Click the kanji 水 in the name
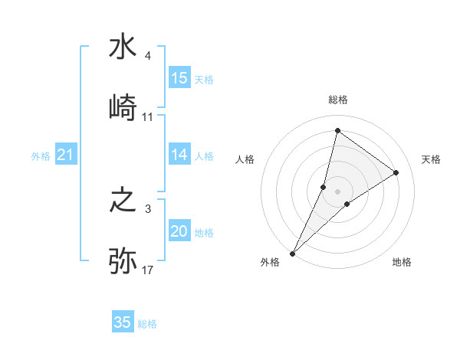pos(123,47)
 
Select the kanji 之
pos(123,201)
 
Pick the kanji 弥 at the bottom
pos(123,261)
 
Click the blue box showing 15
pos(179,78)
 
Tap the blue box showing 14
pos(179,155)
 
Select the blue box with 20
pos(179,231)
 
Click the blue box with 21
pos(66,155)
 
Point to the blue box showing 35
pos(123,322)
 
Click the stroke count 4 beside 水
pos(147,56)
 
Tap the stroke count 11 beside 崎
pos(147,117)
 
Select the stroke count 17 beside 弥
pos(147,270)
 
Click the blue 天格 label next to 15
pos(204,79)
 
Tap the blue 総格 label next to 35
pos(147,323)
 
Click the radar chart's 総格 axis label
pos(337,100)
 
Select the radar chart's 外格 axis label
pos(270,262)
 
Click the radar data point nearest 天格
pos(396,172)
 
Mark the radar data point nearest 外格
pos(292,253)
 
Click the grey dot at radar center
pos(337,191)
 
